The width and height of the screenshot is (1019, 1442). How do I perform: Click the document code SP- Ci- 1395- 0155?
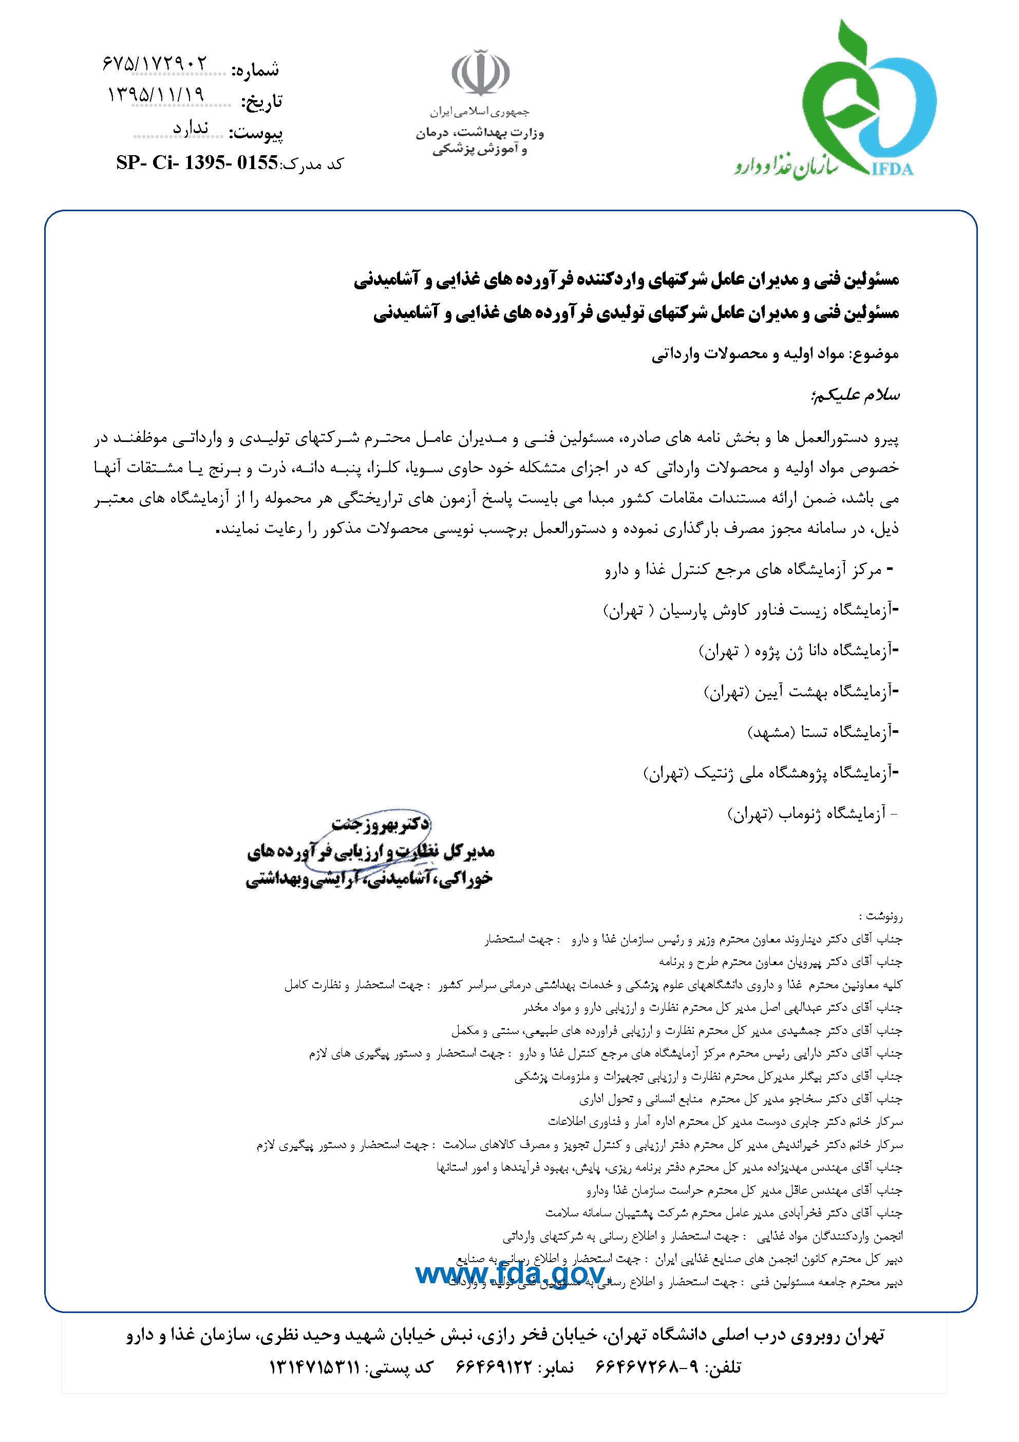click(x=197, y=163)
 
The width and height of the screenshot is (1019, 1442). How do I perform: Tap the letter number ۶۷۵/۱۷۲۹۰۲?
click(x=155, y=63)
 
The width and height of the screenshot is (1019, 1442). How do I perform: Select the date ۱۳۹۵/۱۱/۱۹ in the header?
click(x=156, y=95)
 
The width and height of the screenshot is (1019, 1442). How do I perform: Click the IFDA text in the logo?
click(x=892, y=169)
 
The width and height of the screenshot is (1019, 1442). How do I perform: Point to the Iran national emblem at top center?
click(x=480, y=73)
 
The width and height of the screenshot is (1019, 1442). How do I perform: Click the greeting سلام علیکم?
click(x=855, y=395)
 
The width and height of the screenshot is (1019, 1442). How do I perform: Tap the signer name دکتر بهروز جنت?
click(x=381, y=823)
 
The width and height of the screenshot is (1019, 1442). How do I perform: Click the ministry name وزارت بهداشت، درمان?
click(x=480, y=133)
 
